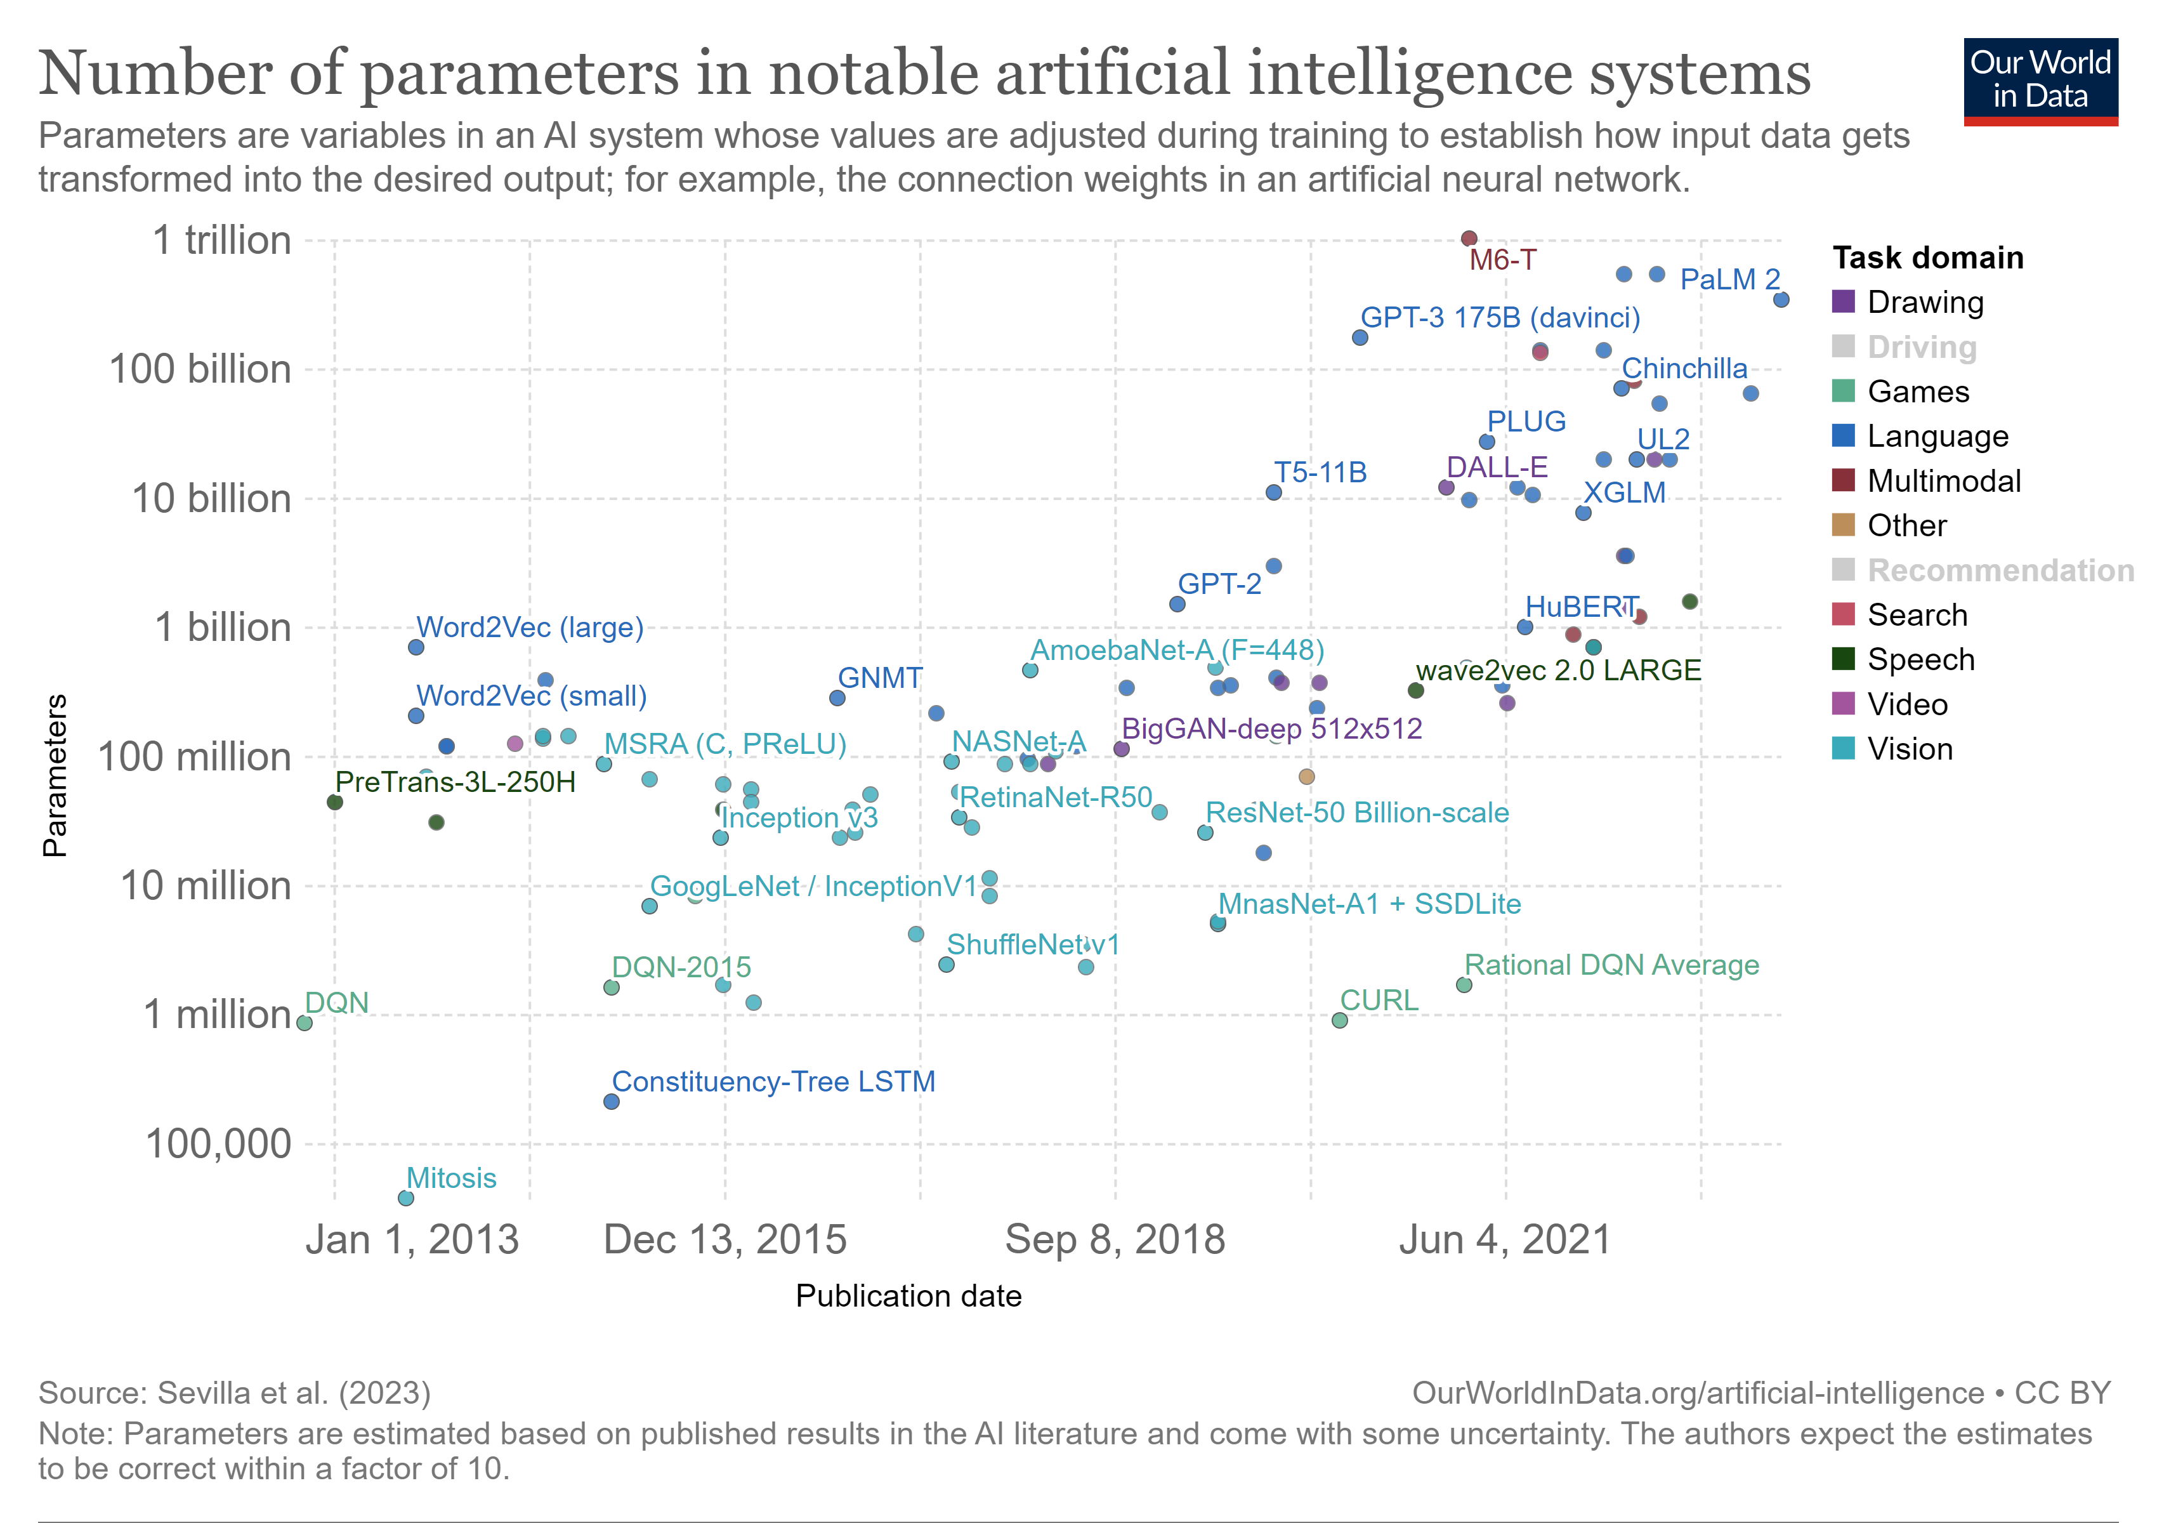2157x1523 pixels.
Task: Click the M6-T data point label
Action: [1502, 260]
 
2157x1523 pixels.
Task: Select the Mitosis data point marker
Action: [406, 1198]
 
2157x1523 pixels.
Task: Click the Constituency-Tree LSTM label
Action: [773, 1081]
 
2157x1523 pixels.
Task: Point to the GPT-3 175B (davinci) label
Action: [1500, 317]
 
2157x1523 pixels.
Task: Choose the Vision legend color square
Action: [1843, 749]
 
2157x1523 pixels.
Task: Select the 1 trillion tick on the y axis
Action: [221, 241]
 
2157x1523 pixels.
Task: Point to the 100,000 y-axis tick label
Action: [218, 1144]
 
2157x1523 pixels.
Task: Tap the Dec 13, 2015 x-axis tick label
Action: [724, 1240]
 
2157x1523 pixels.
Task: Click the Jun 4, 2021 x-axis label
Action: [1505, 1240]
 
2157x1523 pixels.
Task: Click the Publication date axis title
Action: [908, 1296]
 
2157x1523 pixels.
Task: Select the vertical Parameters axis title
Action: [55, 775]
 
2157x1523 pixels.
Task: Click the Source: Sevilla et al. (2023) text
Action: [235, 1392]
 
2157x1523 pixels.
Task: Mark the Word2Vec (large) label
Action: [530, 628]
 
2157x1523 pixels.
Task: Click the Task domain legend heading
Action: [1928, 258]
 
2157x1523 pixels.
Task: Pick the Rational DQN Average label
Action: [1611, 965]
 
